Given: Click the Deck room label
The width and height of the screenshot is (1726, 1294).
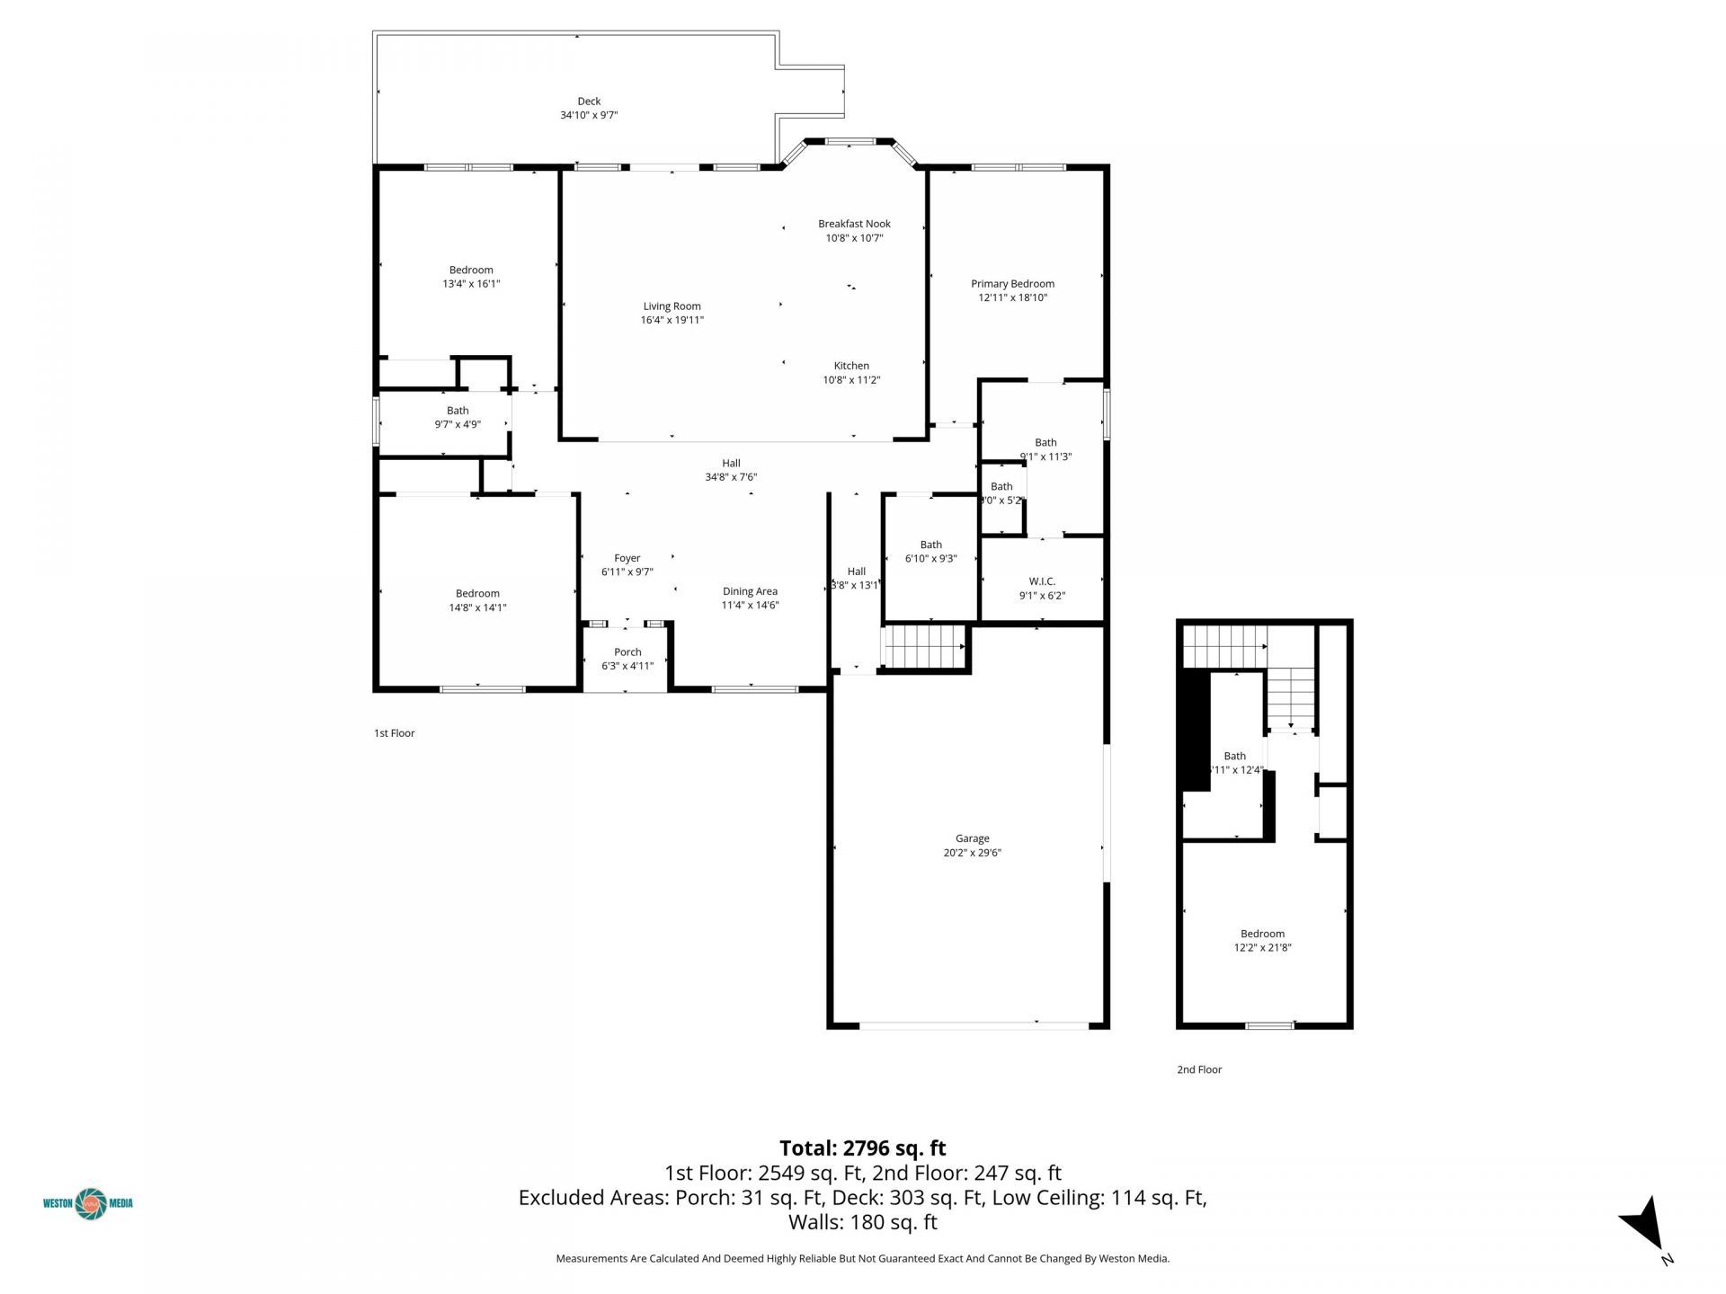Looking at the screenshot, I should (589, 102).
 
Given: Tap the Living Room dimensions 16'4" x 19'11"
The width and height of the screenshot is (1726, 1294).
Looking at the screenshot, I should (672, 320).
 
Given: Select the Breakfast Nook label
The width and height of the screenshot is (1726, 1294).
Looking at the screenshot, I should (854, 224).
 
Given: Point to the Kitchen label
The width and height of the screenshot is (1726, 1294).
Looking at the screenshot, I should (851, 366).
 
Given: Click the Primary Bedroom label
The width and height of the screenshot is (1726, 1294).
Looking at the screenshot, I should (1012, 284).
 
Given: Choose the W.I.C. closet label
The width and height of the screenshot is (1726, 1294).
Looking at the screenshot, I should (1042, 581).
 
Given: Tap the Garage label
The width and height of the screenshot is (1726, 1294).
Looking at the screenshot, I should (972, 838).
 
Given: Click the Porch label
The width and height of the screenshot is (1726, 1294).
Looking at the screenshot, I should (627, 652).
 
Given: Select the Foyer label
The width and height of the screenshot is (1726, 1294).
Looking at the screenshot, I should (627, 558).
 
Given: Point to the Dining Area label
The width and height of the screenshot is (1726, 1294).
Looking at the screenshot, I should (750, 591).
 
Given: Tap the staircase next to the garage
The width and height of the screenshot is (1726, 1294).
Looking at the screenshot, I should (925, 647).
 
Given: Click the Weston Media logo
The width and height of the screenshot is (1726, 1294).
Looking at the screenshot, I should (88, 1203).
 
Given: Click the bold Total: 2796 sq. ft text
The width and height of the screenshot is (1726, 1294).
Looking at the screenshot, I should (862, 1148).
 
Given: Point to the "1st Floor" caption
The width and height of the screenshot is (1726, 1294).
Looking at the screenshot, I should (394, 733).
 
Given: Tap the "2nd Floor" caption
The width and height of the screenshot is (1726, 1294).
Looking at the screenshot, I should (1199, 1069).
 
